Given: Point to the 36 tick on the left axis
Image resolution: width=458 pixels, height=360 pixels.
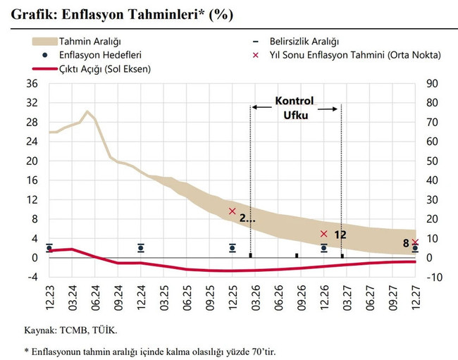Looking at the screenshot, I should (31, 83).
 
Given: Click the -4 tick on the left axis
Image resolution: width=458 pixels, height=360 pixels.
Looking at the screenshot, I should (31, 277).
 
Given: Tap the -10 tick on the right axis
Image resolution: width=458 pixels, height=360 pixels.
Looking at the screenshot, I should (433, 277).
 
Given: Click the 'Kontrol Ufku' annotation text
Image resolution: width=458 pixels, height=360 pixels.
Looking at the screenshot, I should (294, 107).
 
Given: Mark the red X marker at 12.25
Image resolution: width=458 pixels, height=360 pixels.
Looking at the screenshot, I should (232, 211).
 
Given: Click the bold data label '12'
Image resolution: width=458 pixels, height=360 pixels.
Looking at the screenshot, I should (340, 235).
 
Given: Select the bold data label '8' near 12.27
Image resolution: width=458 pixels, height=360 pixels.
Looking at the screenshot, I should (406, 244).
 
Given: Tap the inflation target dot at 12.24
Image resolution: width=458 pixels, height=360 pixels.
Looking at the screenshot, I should (141, 247).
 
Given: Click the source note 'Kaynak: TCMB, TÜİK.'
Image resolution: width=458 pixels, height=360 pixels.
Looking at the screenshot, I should (71, 328).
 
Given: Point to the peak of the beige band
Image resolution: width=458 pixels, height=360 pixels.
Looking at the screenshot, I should (87, 111).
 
